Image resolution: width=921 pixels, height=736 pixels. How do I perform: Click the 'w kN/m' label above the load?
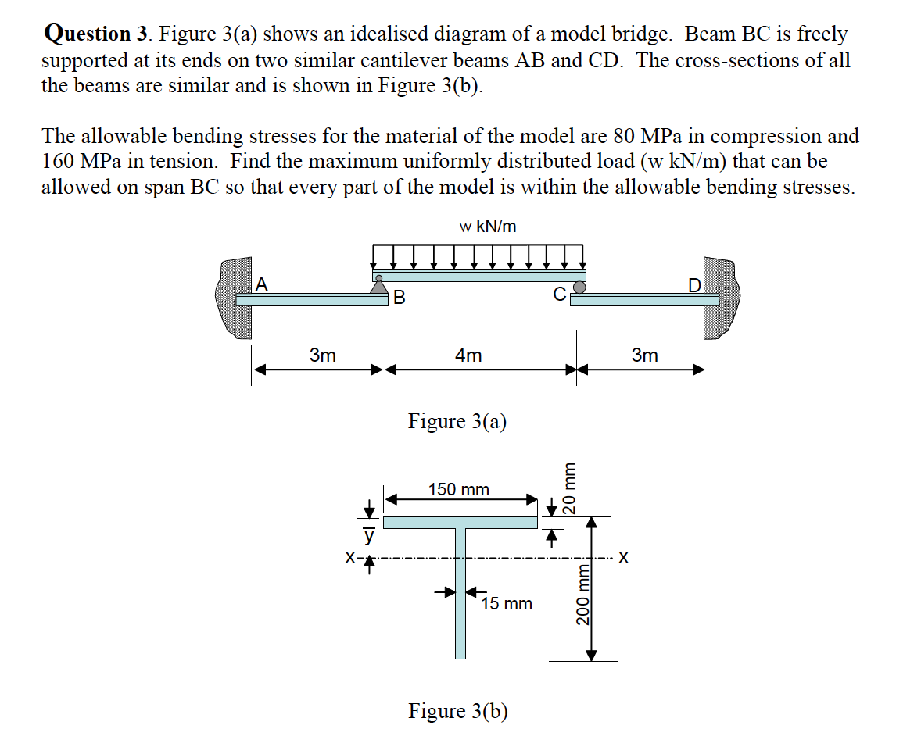coord(487,227)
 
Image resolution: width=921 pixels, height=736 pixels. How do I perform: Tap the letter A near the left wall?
coord(262,284)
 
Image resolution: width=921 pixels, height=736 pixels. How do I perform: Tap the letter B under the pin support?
coord(400,298)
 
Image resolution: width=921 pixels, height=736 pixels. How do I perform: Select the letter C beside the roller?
coord(559,295)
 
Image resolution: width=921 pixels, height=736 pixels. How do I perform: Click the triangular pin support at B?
coord(379,285)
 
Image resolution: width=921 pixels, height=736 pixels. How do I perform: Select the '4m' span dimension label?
coord(468,355)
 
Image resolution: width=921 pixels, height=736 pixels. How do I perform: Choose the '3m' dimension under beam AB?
coord(322,355)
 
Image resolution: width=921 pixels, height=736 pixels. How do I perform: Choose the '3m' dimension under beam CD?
coord(644,355)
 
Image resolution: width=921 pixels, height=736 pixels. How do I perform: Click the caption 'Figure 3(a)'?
coord(457,422)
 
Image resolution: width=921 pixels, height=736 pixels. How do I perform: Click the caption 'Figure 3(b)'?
coord(457,711)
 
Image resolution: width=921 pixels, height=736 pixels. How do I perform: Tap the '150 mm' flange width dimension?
coord(459,490)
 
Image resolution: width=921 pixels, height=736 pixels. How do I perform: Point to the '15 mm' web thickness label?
coord(507,604)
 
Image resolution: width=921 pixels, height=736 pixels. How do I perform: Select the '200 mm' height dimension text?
coord(582,595)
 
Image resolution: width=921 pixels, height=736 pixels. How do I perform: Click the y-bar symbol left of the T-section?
coord(367,538)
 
